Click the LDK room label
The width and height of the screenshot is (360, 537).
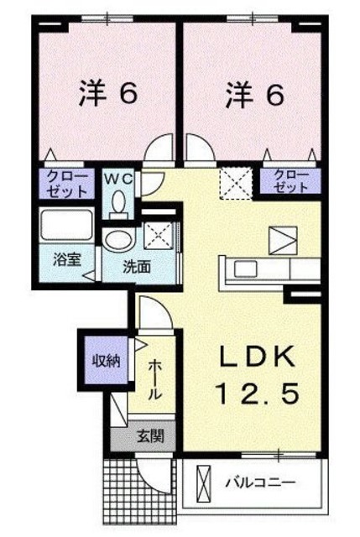click(x=258, y=359)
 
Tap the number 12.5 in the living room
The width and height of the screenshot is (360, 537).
click(x=258, y=392)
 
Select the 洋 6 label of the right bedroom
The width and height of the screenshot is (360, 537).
click(x=253, y=95)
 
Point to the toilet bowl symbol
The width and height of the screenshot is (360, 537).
click(x=118, y=201)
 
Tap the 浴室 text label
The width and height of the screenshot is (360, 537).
click(x=67, y=259)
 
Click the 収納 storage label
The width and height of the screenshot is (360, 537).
click(x=106, y=362)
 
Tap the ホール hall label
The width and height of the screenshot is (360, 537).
click(x=155, y=379)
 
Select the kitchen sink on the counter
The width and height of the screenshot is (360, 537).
click(x=247, y=269)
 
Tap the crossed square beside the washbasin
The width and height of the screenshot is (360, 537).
click(x=158, y=237)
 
